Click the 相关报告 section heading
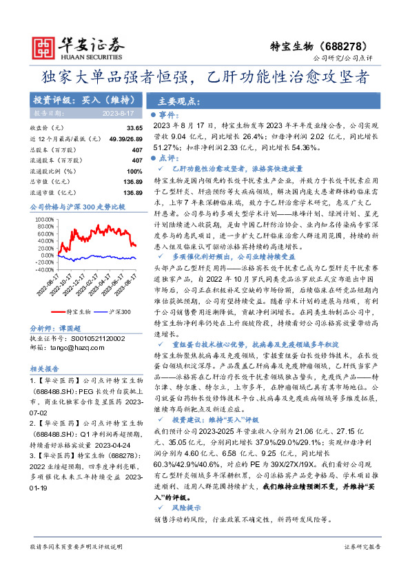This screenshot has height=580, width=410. point(44,368)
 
